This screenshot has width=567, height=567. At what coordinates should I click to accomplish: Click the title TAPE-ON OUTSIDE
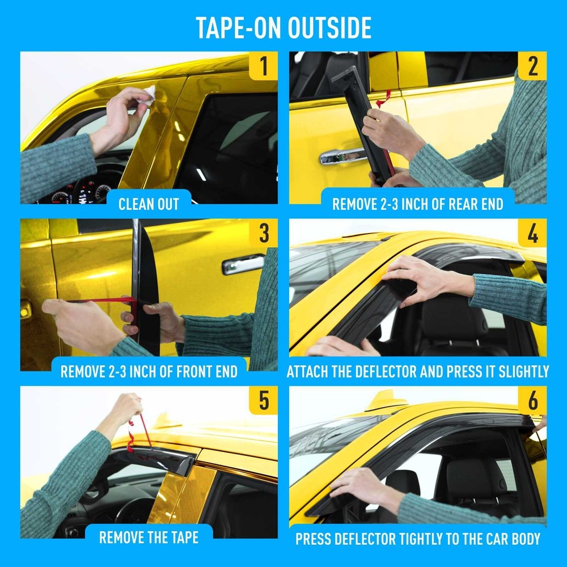(x=283, y=28)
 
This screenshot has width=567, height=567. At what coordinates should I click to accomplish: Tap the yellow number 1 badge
(x=263, y=66)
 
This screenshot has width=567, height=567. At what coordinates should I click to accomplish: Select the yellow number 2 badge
(x=532, y=66)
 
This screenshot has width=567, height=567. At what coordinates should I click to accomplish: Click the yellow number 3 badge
(x=263, y=233)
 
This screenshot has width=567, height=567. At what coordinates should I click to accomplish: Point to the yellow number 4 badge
(x=532, y=233)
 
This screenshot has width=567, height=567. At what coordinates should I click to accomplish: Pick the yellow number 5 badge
(x=263, y=400)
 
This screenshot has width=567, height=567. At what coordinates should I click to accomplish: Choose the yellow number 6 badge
(x=532, y=400)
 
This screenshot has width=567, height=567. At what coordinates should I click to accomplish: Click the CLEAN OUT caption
(x=149, y=204)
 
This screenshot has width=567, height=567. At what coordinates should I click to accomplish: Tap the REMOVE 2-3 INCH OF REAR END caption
(x=417, y=204)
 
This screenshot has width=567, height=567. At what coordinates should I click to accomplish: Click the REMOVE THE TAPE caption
(x=149, y=537)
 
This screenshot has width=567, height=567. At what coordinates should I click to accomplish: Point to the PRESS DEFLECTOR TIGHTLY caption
(x=417, y=539)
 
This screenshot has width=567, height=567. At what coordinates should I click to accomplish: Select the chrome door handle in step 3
(x=243, y=264)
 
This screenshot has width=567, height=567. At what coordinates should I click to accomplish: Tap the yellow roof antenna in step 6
(x=386, y=401)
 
